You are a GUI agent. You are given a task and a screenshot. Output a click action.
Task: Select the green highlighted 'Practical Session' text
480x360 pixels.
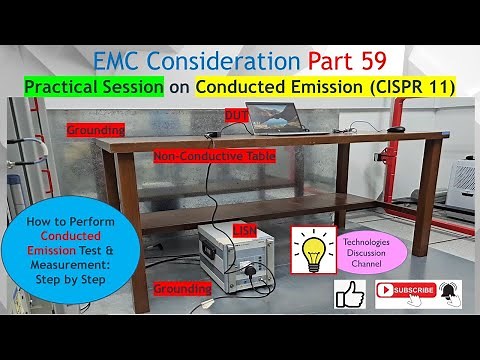(x=93, y=88)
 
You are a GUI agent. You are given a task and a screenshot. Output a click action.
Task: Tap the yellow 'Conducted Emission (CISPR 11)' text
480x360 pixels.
(x=325, y=88)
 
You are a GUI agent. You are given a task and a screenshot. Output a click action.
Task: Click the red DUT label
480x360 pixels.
(x=237, y=115)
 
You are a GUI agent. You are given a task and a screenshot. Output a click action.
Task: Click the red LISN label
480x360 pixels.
(x=244, y=231)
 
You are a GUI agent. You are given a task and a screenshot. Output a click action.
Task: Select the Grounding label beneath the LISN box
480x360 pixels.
(x=183, y=288)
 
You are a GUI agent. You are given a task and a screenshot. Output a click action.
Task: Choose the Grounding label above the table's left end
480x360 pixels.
(x=95, y=130)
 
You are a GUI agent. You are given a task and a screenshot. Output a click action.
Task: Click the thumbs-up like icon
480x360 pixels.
(x=350, y=294)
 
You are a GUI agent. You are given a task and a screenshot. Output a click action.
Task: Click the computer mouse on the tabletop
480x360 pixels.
(x=397, y=130)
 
